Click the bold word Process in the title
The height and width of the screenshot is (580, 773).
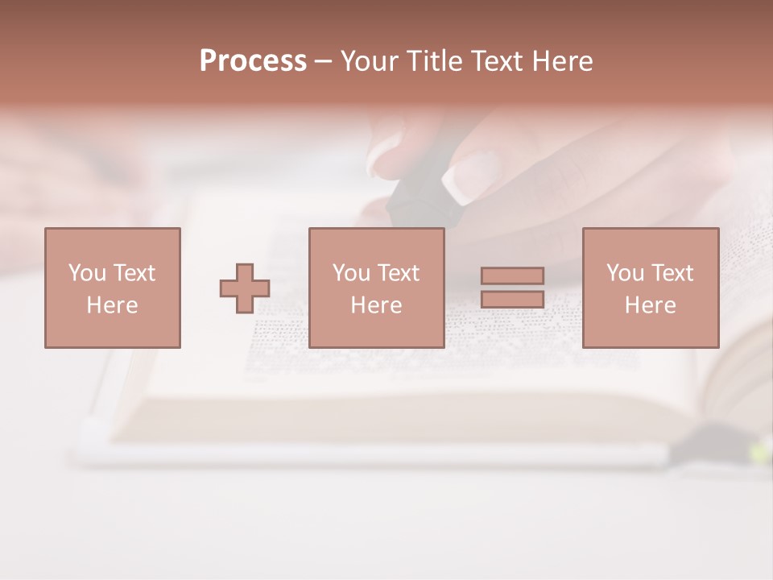(x=253, y=61)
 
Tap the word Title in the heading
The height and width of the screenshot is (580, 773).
(x=436, y=61)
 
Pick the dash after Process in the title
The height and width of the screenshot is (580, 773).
(x=323, y=62)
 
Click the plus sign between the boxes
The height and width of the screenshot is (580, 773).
(x=245, y=288)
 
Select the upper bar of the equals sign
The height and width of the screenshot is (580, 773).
(x=512, y=275)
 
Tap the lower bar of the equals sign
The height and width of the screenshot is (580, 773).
(x=512, y=299)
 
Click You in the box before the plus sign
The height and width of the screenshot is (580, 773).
(x=87, y=273)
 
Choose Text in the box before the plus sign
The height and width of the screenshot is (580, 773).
(x=134, y=273)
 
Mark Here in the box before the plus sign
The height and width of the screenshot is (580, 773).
(x=112, y=305)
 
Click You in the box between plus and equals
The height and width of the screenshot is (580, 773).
(x=351, y=273)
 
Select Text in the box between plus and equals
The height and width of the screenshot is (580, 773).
(x=398, y=273)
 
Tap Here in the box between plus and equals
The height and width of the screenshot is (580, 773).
(x=376, y=305)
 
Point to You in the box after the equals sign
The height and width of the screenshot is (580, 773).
(x=625, y=273)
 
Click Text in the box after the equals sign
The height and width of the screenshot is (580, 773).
(x=672, y=273)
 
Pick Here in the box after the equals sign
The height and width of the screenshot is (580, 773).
(x=650, y=305)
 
